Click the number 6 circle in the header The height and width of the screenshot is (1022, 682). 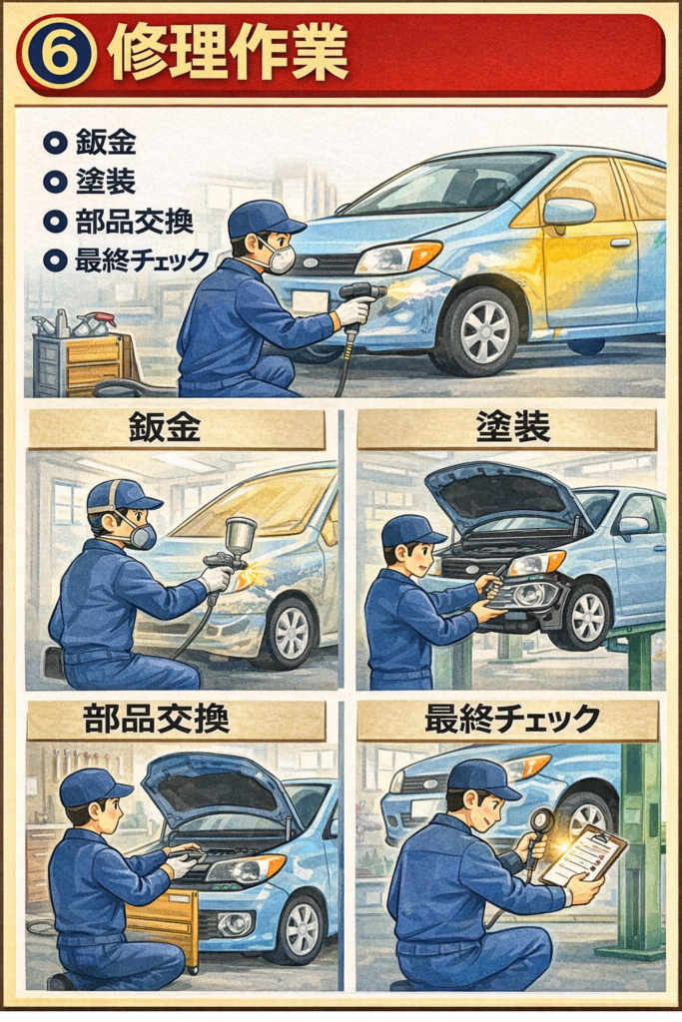point(59,55)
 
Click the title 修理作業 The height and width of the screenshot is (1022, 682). point(229,54)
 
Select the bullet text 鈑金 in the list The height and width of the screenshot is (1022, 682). point(106,142)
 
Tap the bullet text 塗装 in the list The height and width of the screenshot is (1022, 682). point(106,182)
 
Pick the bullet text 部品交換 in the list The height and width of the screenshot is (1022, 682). point(135,221)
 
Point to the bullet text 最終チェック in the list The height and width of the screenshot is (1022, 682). point(142,260)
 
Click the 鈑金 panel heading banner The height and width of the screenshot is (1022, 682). point(176,429)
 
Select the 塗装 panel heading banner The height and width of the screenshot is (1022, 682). point(506,429)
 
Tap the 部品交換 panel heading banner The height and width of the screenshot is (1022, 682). point(176,721)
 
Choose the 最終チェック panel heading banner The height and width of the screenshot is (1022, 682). point(508,721)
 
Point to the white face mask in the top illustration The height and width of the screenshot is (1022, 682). point(279,257)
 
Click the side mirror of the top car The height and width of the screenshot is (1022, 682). point(568,212)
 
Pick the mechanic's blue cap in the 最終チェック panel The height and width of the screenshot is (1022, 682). point(482,779)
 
